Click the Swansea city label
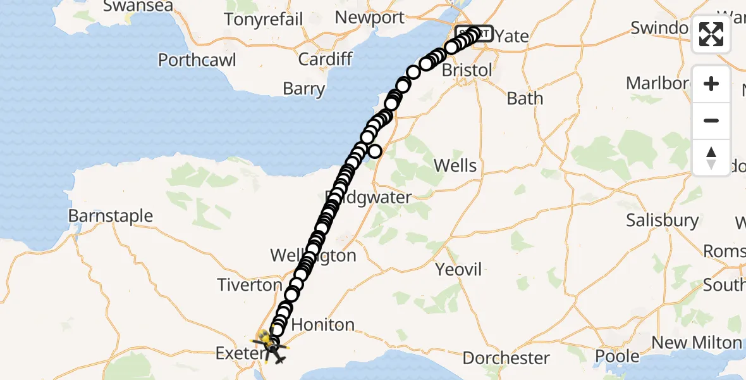138,6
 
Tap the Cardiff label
325,60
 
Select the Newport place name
369,18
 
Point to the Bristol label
467,70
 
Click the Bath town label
525,99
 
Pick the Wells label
455,166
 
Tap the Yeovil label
459,270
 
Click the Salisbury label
663,220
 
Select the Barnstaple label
111,216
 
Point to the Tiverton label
250,285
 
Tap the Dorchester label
506,358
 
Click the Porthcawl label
197,60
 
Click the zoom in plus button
711,84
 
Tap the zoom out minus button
711,121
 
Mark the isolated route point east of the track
376,151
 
